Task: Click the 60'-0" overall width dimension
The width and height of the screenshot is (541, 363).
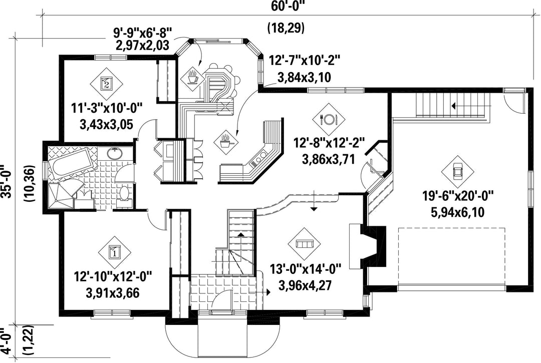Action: [x=286, y=7]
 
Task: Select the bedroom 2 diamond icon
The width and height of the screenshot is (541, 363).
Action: [x=106, y=83]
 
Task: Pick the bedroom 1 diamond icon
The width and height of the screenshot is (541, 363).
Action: [x=114, y=252]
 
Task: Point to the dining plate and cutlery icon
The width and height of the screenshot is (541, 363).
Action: [x=329, y=119]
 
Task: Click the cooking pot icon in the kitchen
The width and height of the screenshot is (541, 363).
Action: [x=226, y=141]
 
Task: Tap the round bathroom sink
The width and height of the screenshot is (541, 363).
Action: [x=114, y=153]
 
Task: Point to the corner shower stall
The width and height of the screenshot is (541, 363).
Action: [x=60, y=195]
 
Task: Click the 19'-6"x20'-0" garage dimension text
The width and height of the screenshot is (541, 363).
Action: [x=458, y=196]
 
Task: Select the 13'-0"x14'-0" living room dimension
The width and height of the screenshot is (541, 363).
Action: [x=305, y=268]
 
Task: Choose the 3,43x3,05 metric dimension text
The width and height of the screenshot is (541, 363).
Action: [x=106, y=124]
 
